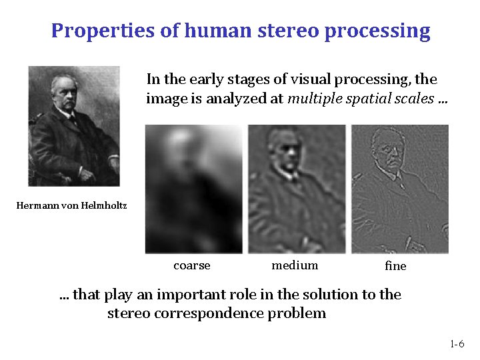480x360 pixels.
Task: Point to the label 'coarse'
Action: pos(191,265)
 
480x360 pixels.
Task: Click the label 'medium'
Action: pos(295,265)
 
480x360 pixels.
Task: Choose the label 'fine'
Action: pos(395,266)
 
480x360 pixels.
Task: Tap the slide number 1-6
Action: pos(457,345)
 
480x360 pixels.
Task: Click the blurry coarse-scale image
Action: pos(193,189)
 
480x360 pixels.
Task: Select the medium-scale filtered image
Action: pos(296,189)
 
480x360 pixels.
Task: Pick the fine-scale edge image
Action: pos(399,189)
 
